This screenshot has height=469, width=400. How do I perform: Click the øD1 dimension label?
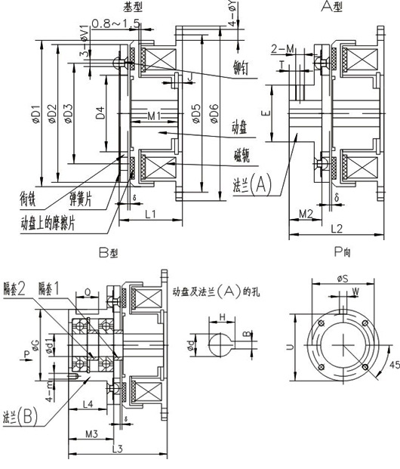tap(35, 113)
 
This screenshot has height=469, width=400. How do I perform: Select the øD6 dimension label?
tap(214, 113)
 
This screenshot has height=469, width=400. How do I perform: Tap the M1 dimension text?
tap(154, 116)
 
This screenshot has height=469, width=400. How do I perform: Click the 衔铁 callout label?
tap(29, 202)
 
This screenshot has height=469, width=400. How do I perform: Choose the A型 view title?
tap(331, 8)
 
